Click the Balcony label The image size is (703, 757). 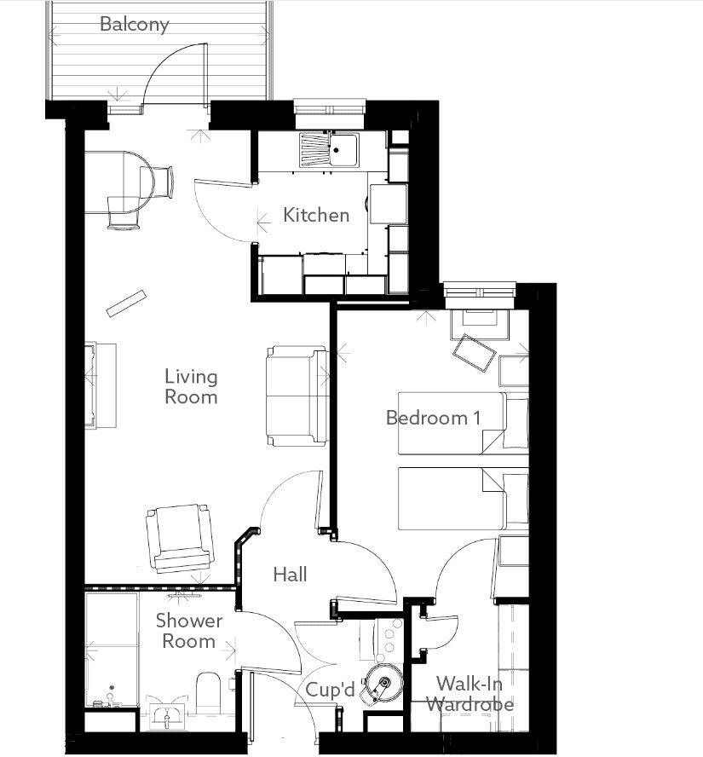pyautogui.click(x=134, y=24)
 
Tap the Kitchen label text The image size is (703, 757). pyautogui.click(x=316, y=215)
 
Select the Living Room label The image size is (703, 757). pyautogui.click(x=191, y=386)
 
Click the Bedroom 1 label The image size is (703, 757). pyautogui.click(x=433, y=418)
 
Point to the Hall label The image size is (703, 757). pyautogui.click(x=290, y=575)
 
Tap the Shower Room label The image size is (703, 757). pyautogui.click(x=188, y=631)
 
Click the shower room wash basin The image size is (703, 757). pyautogui.click(x=167, y=714)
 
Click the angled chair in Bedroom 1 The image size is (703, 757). pyautogui.click(x=473, y=352)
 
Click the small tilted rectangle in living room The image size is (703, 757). pyautogui.click(x=126, y=303)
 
